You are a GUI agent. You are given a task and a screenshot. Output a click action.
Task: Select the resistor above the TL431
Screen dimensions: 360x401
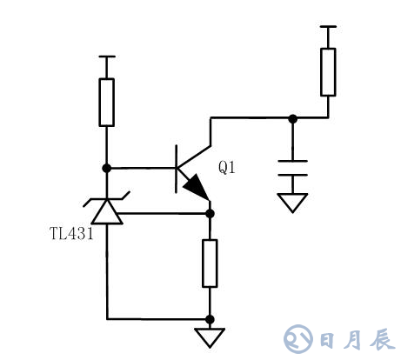coord(107,102)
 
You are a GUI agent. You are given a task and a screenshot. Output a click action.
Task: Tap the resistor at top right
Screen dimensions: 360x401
coord(328,72)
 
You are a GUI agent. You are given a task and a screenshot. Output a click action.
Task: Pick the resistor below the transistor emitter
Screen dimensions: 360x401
coord(210,263)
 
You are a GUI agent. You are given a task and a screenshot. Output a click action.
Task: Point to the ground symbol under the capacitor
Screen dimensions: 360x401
coord(292,203)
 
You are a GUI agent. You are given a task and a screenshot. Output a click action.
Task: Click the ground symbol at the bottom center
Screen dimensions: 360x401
coord(210,337)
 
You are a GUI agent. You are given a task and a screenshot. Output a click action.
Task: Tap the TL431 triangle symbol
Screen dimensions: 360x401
coord(107,211)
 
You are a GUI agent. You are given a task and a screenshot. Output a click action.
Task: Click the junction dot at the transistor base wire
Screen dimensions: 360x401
coord(107,167)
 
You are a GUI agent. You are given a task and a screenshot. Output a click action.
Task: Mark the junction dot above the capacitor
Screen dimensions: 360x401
coord(292,118)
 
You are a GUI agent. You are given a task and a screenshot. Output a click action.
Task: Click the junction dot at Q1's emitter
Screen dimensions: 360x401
coord(210,211)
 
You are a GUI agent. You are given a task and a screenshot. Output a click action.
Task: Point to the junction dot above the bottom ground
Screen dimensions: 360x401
coord(210,318)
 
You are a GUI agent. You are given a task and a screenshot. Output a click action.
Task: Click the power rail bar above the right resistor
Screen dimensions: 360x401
coord(328,27)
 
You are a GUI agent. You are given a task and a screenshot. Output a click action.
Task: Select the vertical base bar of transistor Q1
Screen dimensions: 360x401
coord(177,168)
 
